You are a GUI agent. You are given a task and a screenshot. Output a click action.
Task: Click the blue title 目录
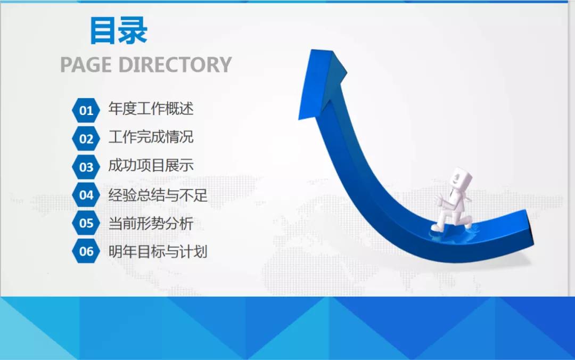[x=118, y=31]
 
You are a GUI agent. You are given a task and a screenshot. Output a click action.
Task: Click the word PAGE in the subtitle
[x=86, y=64]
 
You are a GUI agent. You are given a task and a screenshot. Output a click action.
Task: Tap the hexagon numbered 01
[x=86, y=111]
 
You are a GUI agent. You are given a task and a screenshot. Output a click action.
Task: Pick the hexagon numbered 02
[x=86, y=139]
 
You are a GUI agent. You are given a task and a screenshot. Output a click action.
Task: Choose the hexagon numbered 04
[x=86, y=195]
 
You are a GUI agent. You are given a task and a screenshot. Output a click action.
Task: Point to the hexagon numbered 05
[x=86, y=223]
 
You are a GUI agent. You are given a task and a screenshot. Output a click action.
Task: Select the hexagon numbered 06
[x=86, y=251]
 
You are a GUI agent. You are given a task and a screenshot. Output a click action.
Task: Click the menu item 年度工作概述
[x=151, y=109]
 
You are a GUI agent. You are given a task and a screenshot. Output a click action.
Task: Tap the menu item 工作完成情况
[x=151, y=137]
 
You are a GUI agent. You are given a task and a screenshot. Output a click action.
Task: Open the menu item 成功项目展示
[x=151, y=166]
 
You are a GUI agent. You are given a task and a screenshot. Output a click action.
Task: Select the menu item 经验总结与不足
[x=158, y=195]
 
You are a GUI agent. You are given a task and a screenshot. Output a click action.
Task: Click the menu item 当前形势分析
[x=151, y=223]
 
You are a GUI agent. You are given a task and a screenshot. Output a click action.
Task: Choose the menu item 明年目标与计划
[x=158, y=251]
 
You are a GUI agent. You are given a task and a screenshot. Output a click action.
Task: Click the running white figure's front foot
[x=437, y=227]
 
